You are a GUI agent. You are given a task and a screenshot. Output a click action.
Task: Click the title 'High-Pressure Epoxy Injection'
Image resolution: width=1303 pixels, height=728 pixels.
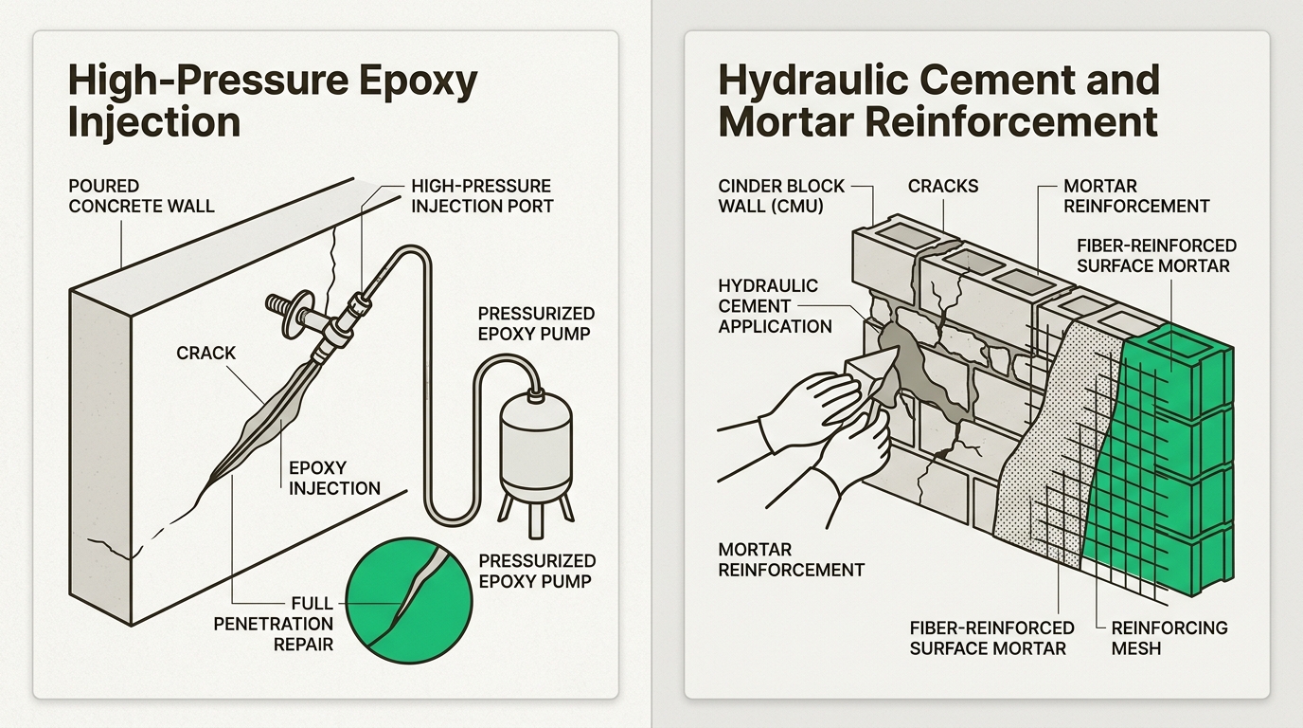273,101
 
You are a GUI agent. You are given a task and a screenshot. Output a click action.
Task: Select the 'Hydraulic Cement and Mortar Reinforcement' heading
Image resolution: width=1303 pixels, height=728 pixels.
937,101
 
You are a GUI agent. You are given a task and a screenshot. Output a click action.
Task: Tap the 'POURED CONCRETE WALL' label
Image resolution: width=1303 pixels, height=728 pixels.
142,195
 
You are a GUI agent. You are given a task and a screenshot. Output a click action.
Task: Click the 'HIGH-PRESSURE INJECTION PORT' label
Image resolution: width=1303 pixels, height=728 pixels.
481,195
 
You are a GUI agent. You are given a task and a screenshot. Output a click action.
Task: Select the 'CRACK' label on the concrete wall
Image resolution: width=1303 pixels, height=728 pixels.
205,353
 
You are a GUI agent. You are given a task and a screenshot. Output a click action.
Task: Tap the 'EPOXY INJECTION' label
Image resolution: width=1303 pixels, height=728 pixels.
334,478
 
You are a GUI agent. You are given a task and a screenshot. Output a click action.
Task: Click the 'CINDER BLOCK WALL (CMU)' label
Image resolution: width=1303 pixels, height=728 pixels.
781,195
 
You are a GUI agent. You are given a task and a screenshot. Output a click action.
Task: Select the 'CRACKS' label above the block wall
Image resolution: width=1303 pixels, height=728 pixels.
942,186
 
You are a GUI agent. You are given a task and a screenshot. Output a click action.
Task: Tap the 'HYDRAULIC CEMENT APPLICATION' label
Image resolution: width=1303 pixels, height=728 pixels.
775,305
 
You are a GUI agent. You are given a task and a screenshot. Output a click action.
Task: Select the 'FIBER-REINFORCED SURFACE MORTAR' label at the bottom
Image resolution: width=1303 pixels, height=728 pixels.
991,638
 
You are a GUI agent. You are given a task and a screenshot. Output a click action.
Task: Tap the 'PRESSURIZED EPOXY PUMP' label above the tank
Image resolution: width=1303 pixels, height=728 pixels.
536,323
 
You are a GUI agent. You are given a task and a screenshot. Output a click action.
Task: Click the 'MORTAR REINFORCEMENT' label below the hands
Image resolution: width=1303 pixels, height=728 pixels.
791,559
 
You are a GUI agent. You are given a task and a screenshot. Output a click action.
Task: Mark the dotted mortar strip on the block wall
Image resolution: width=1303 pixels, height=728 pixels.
1042,455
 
